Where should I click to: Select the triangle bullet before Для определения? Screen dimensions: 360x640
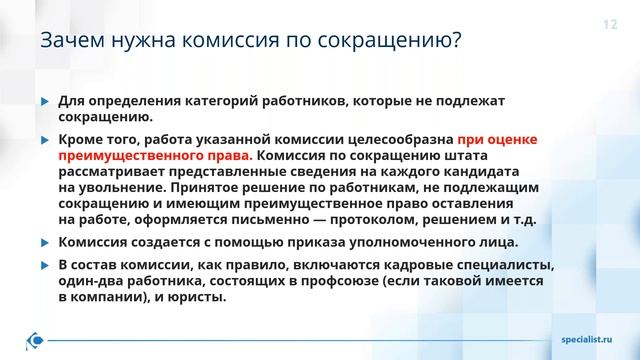click(x=43, y=102)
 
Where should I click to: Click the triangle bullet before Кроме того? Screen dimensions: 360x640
click(x=43, y=141)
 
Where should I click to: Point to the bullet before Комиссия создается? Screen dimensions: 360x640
click(x=43, y=243)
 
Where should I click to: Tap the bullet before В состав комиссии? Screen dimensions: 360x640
click(x=43, y=265)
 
